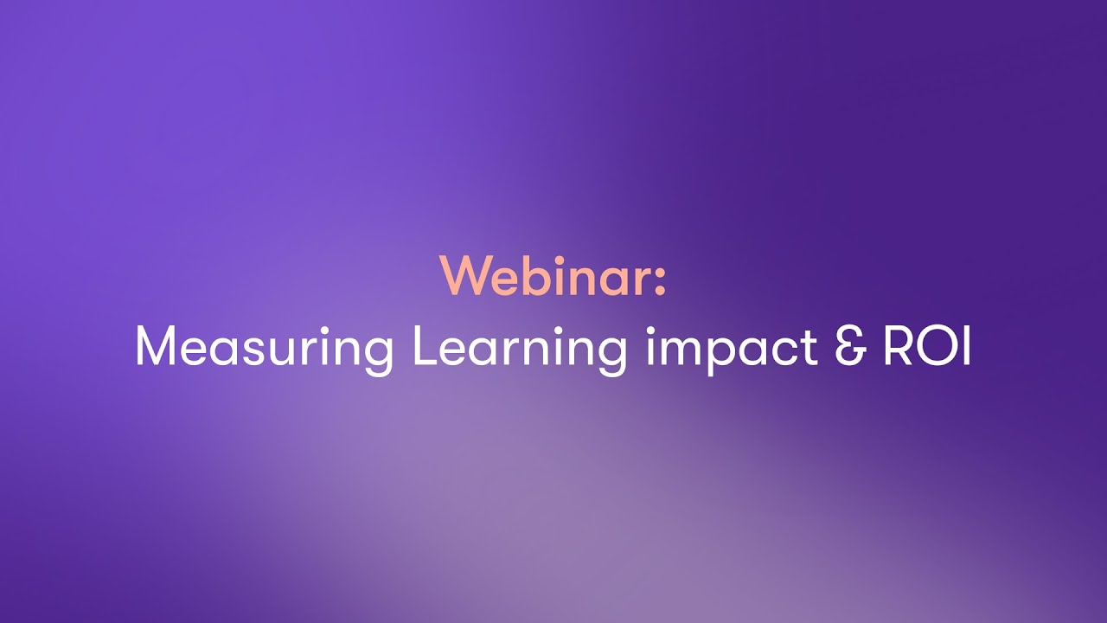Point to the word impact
(x=732, y=348)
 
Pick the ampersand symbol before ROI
(x=851, y=347)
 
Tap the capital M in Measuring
(x=156, y=347)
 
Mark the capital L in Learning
(x=424, y=347)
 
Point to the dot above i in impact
(x=651, y=329)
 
